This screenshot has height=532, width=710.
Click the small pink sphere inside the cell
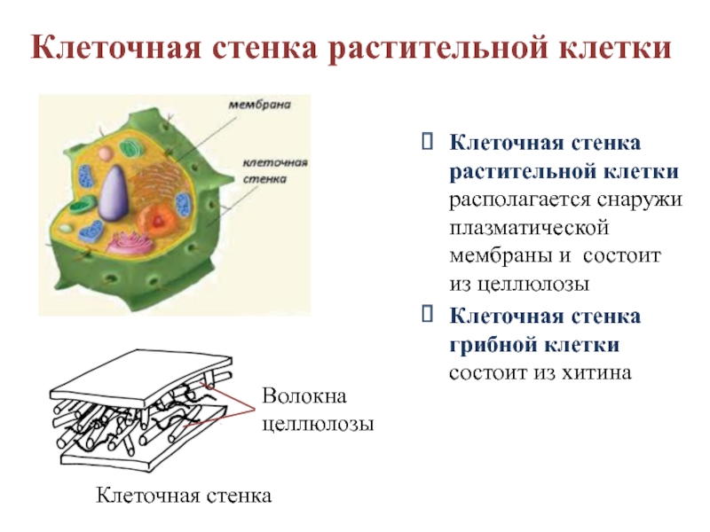105,154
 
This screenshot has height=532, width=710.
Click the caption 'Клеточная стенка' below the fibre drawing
184,493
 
